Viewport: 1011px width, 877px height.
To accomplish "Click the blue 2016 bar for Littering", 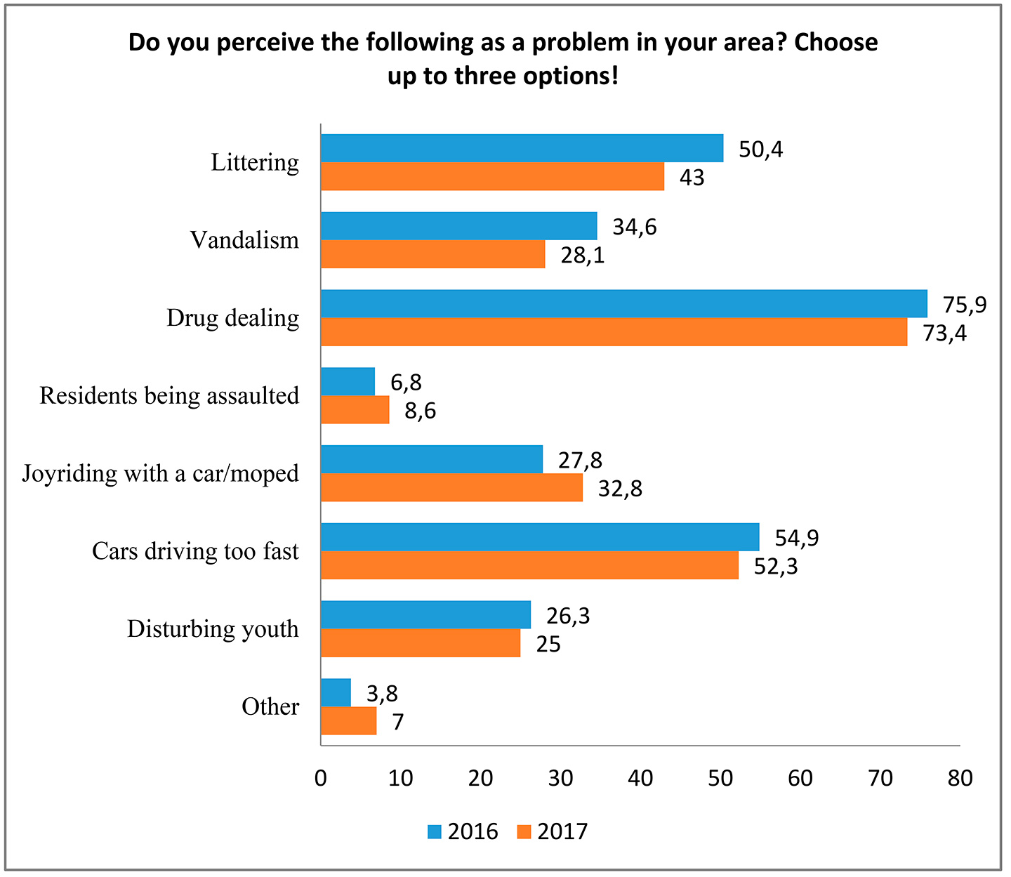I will pyautogui.click(x=522, y=148).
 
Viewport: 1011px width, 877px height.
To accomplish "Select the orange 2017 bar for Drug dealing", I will pyautogui.click(x=614, y=332).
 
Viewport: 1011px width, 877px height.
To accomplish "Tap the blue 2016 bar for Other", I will pyautogui.click(x=336, y=692).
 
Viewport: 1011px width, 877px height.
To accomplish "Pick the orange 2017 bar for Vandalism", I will pyautogui.click(x=432, y=254).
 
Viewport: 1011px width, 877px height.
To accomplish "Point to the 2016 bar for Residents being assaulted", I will pyautogui.click(x=348, y=381).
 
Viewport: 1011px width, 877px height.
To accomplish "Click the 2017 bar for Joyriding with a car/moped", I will pyautogui.click(x=451, y=487).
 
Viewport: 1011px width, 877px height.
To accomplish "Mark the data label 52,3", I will pyautogui.click(x=776, y=566).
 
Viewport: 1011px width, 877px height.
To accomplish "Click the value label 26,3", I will pyautogui.click(x=568, y=616).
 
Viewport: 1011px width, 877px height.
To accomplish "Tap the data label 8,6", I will pyautogui.click(x=420, y=411).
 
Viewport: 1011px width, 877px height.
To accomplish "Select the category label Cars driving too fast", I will pyautogui.click(x=195, y=551).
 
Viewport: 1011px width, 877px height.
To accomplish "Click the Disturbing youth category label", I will pyautogui.click(x=213, y=629).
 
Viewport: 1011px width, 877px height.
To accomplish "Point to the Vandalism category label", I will pyautogui.click(x=244, y=241).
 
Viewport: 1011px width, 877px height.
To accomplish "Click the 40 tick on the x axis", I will pyautogui.click(x=640, y=778).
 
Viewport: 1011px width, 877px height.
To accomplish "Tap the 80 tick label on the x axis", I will pyautogui.click(x=960, y=778).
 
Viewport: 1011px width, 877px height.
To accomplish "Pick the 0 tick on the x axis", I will pyautogui.click(x=321, y=778).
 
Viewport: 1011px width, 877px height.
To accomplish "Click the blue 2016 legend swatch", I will pyautogui.click(x=435, y=832).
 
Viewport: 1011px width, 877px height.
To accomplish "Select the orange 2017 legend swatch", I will pyautogui.click(x=524, y=832).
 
